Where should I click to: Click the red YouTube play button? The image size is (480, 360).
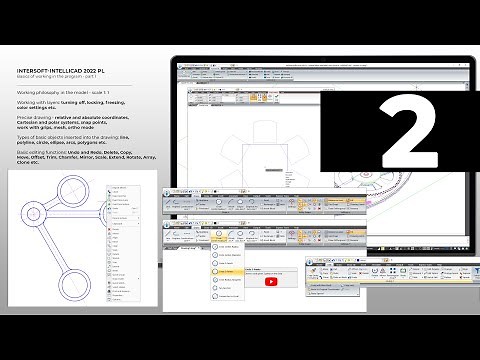pyautogui.click(x=271, y=281)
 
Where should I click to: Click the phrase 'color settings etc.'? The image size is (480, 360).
pyautogui.click(x=39, y=108)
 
